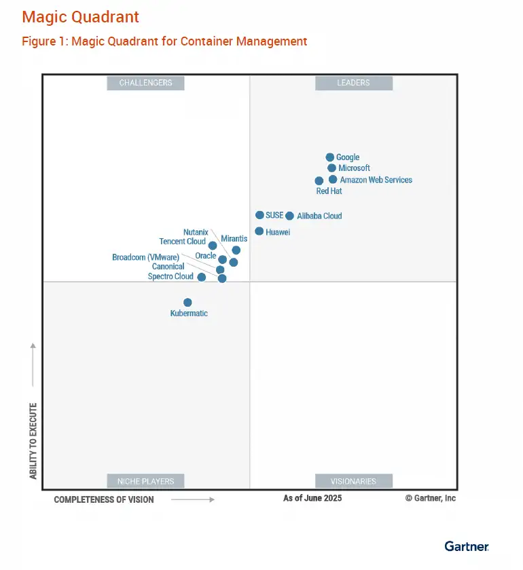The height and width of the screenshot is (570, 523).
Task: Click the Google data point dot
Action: [330, 157]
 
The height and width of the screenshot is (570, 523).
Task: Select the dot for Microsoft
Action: [331, 168]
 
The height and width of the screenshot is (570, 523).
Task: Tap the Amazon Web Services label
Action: [376, 180]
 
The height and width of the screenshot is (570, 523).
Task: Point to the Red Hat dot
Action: [319, 181]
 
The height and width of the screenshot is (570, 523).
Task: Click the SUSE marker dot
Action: [259, 215]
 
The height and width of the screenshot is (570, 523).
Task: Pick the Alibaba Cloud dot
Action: [289, 216]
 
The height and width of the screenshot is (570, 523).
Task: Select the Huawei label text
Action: [277, 232]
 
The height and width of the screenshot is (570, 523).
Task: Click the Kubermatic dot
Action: [187, 303]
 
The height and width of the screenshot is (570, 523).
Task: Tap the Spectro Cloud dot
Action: [202, 277]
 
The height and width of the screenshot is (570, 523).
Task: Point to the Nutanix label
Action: [196, 232]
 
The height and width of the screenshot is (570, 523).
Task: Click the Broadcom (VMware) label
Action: [145, 257]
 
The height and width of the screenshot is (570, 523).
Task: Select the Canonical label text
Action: [168, 267]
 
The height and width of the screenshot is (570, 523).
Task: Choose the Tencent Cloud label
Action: [182, 242]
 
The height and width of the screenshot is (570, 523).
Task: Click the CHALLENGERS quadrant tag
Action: [146, 83]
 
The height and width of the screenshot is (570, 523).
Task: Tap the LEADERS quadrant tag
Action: [353, 83]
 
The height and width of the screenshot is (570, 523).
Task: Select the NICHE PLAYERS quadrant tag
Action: [146, 481]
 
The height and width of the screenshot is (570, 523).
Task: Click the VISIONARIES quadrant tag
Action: [353, 481]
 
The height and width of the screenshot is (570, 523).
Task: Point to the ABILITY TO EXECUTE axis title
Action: [33, 441]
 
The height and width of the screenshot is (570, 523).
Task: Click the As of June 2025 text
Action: [312, 498]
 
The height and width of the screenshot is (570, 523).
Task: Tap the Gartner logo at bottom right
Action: [467, 546]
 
